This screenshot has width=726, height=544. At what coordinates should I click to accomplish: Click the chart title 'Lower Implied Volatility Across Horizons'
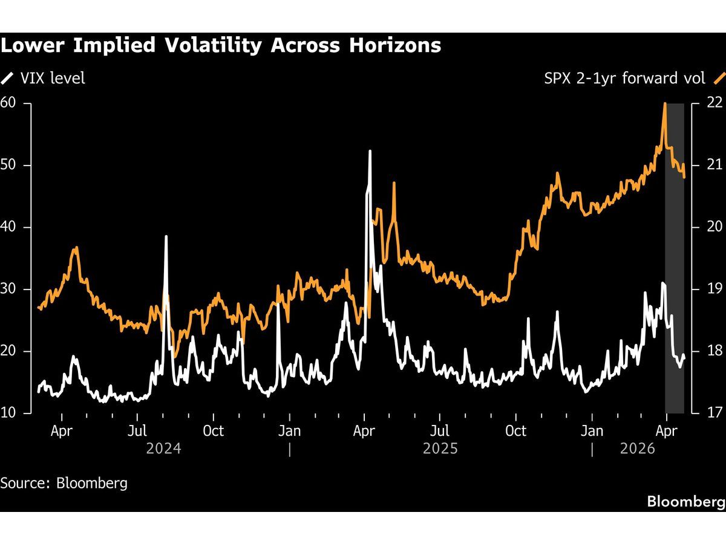tap(221, 45)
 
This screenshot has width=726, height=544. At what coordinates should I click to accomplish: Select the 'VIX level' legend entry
tap(51, 78)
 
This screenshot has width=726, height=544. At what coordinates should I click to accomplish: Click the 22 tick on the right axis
tap(715, 103)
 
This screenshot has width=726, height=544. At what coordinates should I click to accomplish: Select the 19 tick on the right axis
tap(715, 289)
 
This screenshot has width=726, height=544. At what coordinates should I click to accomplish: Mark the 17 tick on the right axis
tap(715, 413)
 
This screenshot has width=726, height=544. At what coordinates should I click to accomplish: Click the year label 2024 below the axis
tap(163, 448)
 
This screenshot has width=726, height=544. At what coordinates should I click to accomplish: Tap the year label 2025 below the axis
tap(440, 448)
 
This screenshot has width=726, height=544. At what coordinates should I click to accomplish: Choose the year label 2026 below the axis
tap(638, 448)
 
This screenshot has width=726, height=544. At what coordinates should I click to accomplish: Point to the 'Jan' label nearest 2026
tap(592, 431)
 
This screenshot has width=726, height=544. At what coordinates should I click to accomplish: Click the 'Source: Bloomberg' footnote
tap(64, 483)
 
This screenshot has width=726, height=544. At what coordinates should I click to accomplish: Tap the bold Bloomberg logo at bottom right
tap(685, 501)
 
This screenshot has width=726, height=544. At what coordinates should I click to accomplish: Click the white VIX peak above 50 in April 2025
tap(370, 151)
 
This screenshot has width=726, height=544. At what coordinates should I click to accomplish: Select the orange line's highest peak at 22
tap(665, 103)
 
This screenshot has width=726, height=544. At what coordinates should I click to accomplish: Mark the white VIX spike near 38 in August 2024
tap(166, 236)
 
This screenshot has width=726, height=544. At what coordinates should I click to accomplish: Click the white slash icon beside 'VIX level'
tap(7, 78)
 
